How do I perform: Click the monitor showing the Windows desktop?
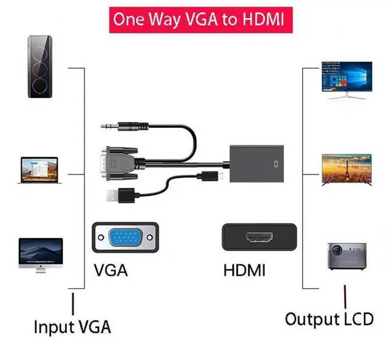tap(347, 79)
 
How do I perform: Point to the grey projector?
tap(347, 255)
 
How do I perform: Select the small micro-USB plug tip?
tap(222, 177)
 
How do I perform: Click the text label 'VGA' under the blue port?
tap(111, 270)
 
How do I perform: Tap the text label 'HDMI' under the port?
tap(244, 270)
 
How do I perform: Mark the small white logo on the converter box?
tap(279, 164)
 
